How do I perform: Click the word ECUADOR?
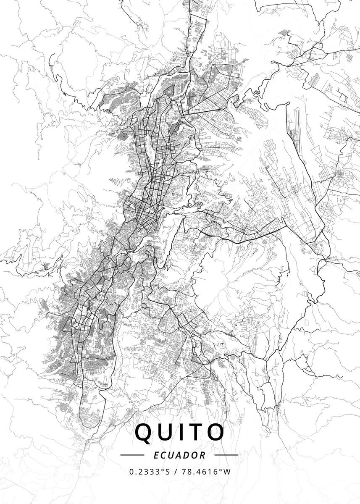point(180,455)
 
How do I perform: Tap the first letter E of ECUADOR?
point(156,455)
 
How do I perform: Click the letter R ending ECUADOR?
point(203,455)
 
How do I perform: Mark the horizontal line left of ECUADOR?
point(132,455)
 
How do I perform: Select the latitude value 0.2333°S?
point(150,472)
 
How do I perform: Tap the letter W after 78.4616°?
point(227,472)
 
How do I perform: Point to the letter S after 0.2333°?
point(168,472)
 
